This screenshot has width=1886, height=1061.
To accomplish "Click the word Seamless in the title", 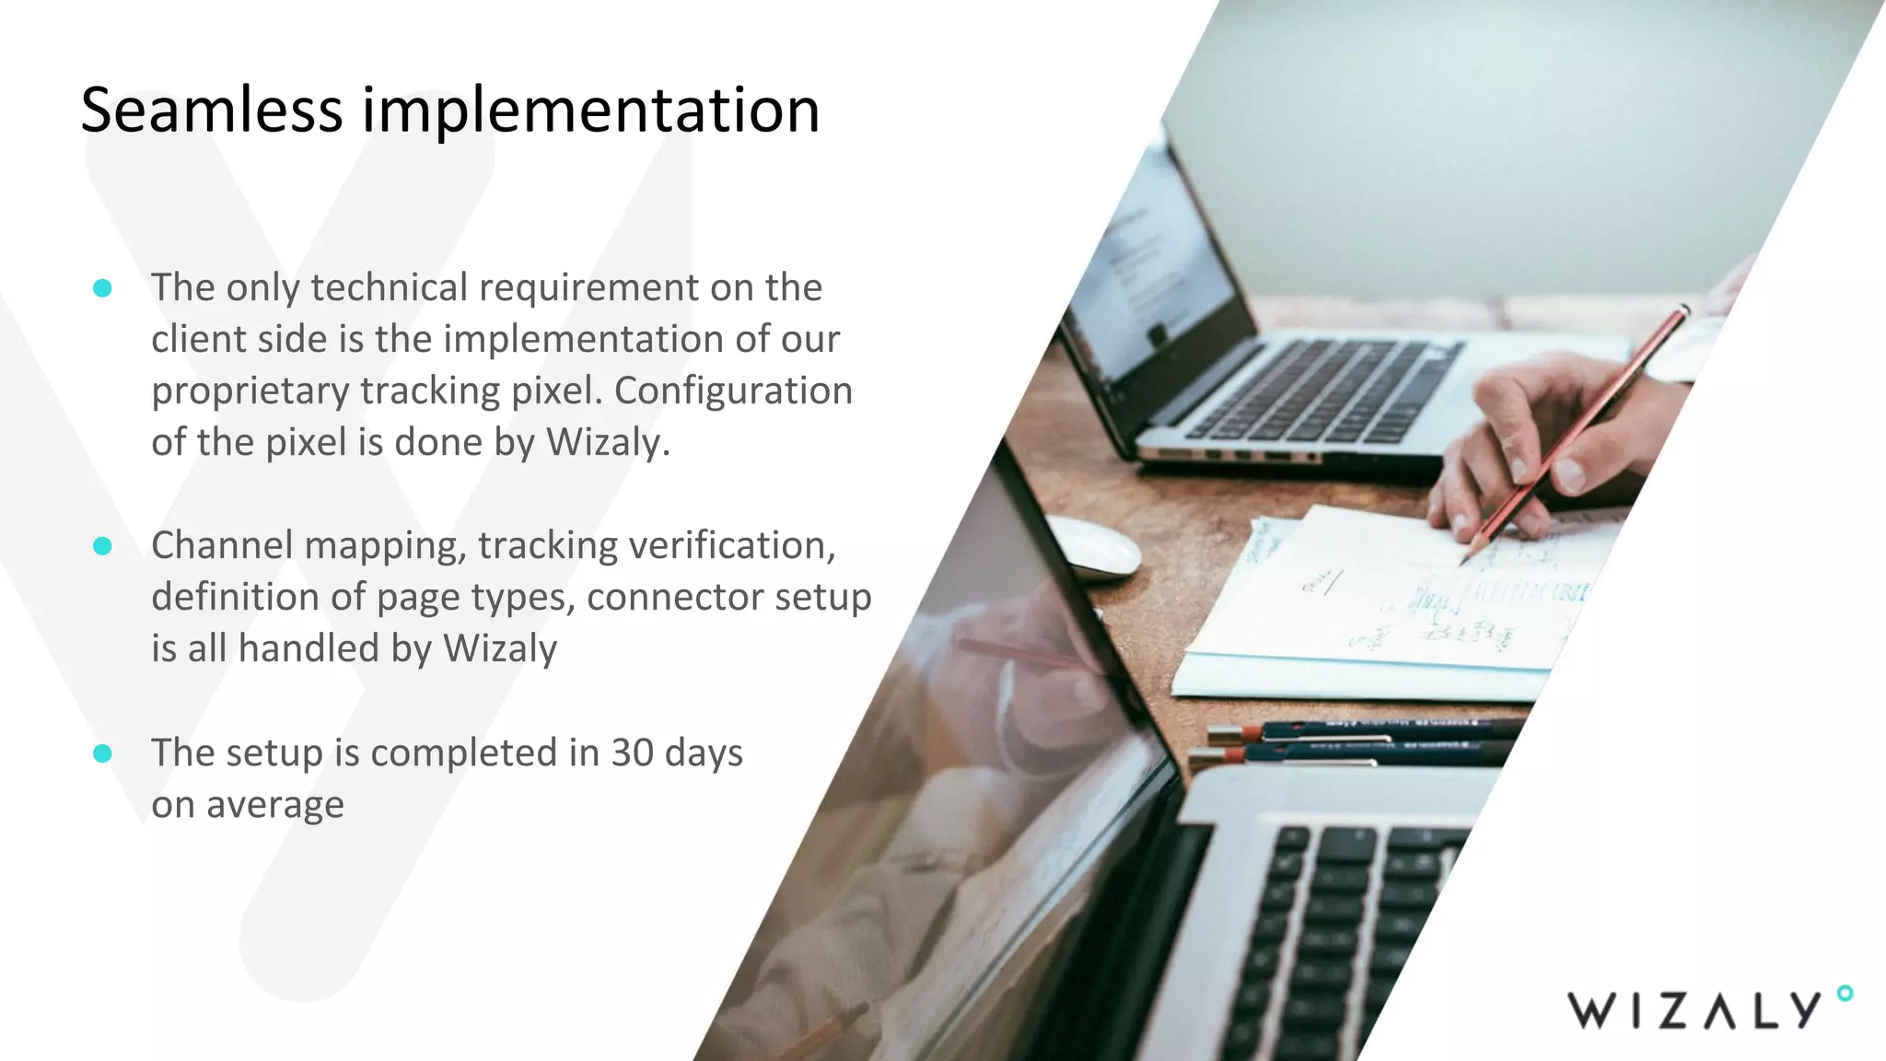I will (x=212, y=111).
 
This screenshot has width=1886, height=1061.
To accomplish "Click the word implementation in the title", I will (x=590, y=111).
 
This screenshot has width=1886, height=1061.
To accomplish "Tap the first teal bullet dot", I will (x=103, y=288).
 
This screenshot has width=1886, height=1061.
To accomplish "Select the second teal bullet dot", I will (x=103, y=546).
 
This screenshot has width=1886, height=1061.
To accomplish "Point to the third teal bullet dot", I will (x=103, y=753).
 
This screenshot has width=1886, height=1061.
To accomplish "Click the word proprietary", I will (x=250, y=391).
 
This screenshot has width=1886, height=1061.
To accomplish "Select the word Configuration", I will (x=733, y=391).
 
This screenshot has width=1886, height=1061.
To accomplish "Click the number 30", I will (x=633, y=752).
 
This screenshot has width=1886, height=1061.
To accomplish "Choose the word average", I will (x=274, y=805).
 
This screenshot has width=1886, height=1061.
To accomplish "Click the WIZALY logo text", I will (x=1693, y=1010).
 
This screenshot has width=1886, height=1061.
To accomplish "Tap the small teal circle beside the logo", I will (x=1844, y=993).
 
